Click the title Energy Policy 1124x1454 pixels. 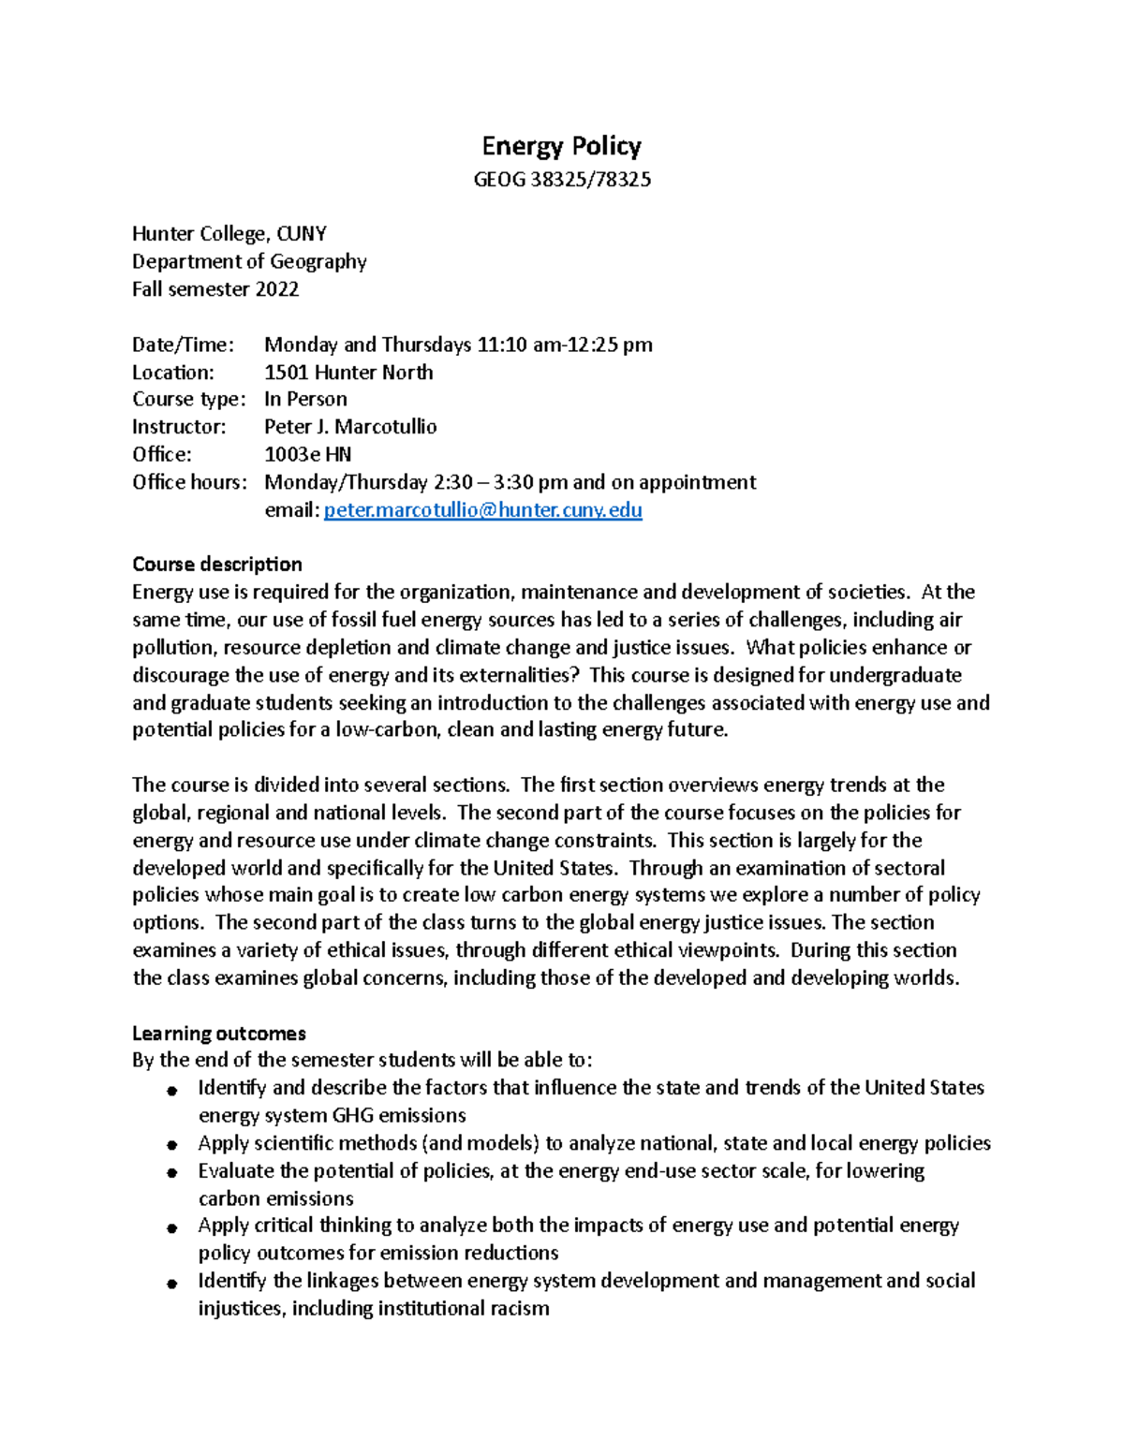pyautogui.click(x=561, y=146)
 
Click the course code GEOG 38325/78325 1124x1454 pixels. pyautogui.click(x=561, y=180)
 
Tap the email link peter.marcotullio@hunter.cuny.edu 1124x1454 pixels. pyautogui.click(x=482, y=510)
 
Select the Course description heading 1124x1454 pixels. pyautogui.click(x=216, y=565)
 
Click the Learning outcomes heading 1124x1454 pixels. pyautogui.click(x=218, y=1034)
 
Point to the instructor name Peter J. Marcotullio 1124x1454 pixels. pyautogui.click(x=350, y=427)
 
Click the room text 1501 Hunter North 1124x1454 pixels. pyautogui.click(x=348, y=373)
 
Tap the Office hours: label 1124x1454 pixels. pyautogui.click(x=189, y=482)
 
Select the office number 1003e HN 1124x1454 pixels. pyautogui.click(x=307, y=455)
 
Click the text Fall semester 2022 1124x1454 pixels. pyautogui.click(x=215, y=289)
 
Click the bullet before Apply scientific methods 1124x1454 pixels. pyautogui.click(x=171, y=1145)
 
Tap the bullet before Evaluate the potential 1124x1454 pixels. pyautogui.click(x=171, y=1172)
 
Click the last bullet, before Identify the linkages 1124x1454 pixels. pyautogui.click(x=171, y=1283)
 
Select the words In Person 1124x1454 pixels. pyautogui.click(x=305, y=400)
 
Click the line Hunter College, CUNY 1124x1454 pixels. pyautogui.click(x=229, y=234)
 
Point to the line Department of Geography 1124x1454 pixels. pyautogui.click(x=249, y=262)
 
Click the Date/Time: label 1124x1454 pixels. pyautogui.click(x=183, y=345)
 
